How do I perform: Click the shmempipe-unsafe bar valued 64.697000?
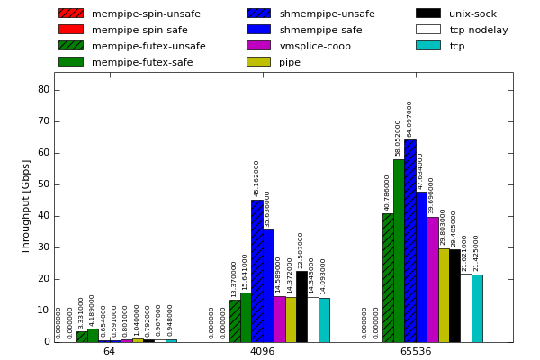(x=409, y=241)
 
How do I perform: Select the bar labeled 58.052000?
(x=399, y=251)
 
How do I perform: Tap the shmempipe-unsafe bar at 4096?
(x=256, y=271)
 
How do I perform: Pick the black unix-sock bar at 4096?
(x=301, y=307)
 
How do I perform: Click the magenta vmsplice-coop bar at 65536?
(x=432, y=279)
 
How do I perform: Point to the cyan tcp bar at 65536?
(x=477, y=308)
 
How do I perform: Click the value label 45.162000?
(x=256, y=178)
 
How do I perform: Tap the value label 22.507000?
(x=301, y=249)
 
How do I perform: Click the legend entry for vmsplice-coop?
(x=315, y=46)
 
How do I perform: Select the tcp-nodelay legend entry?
(x=478, y=30)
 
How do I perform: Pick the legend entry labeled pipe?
(x=290, y=62)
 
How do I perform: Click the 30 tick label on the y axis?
(x=43, y=247)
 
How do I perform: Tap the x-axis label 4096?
(x=262, y=351)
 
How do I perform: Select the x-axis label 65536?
(x=415, y=351)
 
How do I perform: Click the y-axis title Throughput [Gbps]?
(x=26, y=207)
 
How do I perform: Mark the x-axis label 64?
(x=109, y=351)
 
